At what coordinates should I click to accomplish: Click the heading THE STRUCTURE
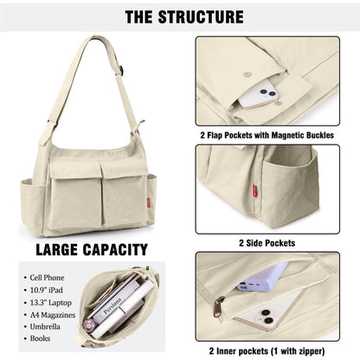click(184, 16)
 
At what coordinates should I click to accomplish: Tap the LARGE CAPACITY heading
click(92, 249)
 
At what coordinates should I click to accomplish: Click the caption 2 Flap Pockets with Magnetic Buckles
click(267, 135)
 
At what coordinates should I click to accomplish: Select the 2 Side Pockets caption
click(267, 243)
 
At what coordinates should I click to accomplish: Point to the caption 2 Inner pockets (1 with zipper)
click(267, 351)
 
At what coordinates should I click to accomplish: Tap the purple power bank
click(263, 277)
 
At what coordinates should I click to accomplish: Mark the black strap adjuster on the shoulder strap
click(122, 71)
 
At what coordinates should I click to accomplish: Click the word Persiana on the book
click(112, 306)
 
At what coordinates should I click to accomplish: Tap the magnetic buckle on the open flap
click(247, 74)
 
